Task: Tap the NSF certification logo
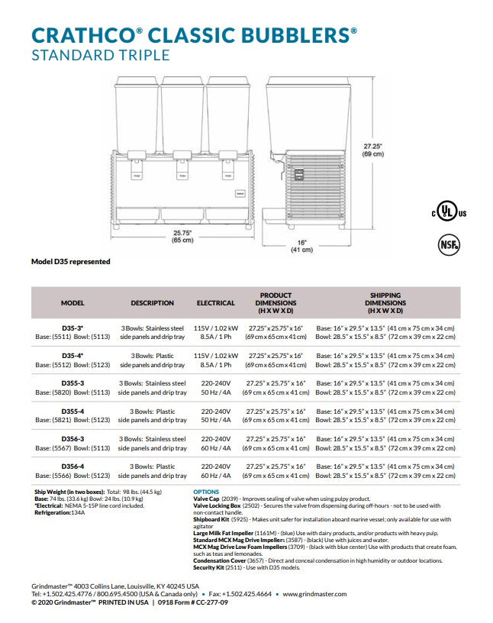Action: coord(448,244)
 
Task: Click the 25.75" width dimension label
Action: coord(182,235)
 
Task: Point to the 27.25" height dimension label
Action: coord(373,150)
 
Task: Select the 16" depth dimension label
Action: coord(302,246)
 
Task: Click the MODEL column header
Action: coord(72,303)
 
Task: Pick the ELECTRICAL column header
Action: coord(216,303)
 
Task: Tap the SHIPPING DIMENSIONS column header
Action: coord(385,303)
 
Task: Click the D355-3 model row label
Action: coord(72,383)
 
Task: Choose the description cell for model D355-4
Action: coord(153,415)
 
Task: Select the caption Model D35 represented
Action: coord(70,262)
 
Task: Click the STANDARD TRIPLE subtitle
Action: coord(100,54)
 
